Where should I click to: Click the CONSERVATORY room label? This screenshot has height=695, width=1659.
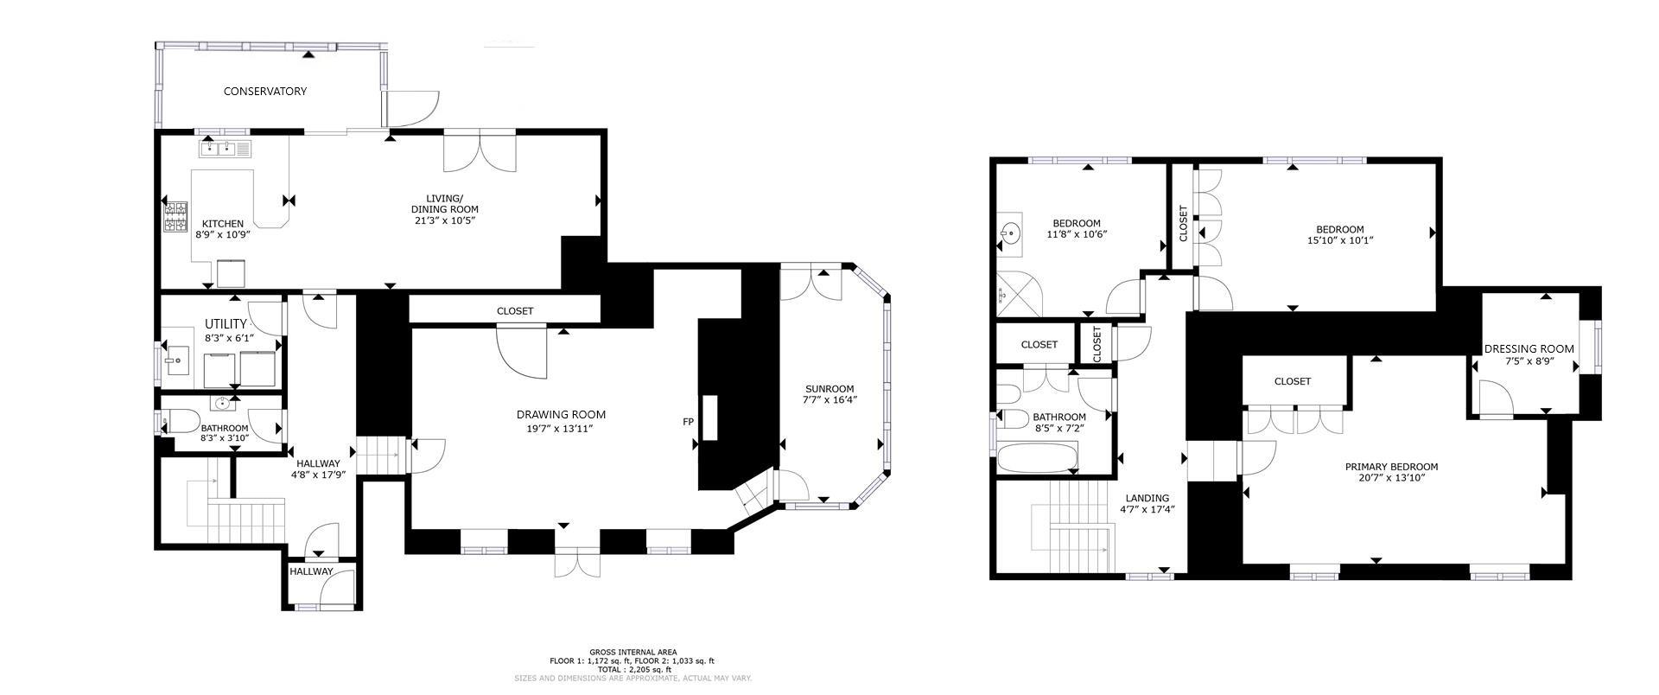[264, 91]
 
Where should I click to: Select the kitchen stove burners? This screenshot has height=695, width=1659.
[176, 216]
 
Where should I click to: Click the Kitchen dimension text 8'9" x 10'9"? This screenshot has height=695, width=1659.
[222, 234]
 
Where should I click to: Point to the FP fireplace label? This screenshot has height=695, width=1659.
[689, 422]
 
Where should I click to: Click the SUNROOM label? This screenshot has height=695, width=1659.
[829, 389]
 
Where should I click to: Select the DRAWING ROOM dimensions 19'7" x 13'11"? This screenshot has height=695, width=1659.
[560, 429]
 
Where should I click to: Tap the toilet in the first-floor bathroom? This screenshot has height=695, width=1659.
[179, 422]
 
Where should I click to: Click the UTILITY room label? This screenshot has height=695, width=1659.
[226, 324]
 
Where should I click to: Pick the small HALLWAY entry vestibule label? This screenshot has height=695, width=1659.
[311, 571]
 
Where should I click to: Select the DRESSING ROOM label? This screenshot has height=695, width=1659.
[1529, 349]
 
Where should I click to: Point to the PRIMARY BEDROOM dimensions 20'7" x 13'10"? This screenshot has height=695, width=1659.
[1390, 477]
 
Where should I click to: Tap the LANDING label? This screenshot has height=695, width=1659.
[1147, 498]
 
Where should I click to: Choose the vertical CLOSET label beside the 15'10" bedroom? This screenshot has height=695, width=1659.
[1183, 223]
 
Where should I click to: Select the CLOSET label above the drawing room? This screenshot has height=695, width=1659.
[515, 310]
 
